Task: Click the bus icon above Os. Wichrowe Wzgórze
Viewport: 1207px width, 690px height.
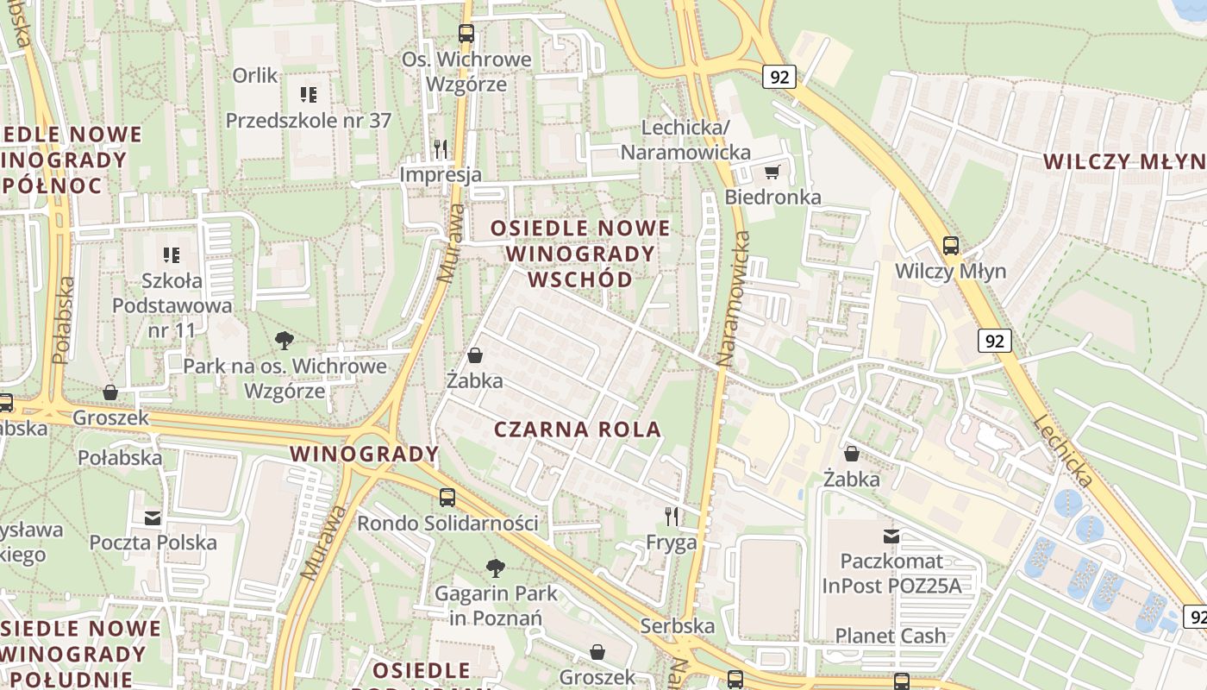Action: [x=466, y=34]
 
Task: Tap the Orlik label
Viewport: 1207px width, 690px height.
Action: [x=255, y=76]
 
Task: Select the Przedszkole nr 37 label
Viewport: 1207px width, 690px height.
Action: [x=309, y=121]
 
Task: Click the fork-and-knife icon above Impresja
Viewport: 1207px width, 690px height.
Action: [x=441, y=148]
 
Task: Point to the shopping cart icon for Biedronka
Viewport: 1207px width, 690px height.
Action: [x=772, y=172]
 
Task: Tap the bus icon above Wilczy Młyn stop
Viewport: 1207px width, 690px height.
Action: [x=950, y=246]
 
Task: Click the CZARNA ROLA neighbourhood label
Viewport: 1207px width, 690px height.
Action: [x=578, y=430]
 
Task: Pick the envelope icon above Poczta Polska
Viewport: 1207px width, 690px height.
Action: [x=153, y=517]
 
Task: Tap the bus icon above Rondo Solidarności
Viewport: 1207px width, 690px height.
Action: [x=447, y=497]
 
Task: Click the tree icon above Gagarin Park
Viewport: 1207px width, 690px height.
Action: [x=495, y=568]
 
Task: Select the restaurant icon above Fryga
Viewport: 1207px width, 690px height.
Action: [x=672, y=517]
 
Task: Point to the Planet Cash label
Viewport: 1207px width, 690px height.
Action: [x=891, y=637]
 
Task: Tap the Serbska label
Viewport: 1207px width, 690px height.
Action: [x=678, y=625]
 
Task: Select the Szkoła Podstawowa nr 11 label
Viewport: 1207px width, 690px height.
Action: [x=172, y=305]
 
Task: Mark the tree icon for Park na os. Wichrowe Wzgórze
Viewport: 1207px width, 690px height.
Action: [x=284, y=341]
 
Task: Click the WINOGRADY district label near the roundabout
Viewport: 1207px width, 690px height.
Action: [x=364, y=454]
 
